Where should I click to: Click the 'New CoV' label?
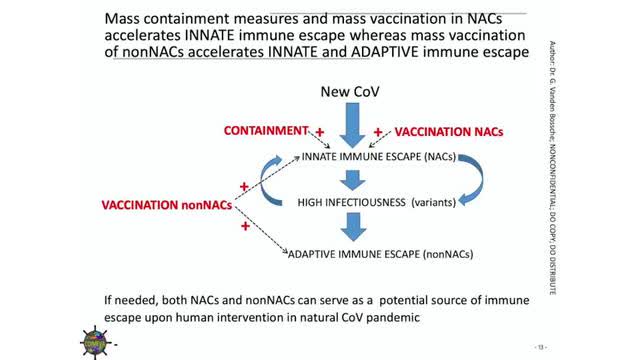point(347,93)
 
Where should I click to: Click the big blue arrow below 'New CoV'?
point(347,126)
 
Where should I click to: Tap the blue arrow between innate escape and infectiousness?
point(347,180)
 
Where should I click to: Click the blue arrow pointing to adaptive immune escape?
point(347,230)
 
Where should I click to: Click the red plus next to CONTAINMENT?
point(320,131)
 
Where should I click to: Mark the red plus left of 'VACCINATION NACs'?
point(378,131)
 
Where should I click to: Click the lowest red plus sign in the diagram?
point(245,228)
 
